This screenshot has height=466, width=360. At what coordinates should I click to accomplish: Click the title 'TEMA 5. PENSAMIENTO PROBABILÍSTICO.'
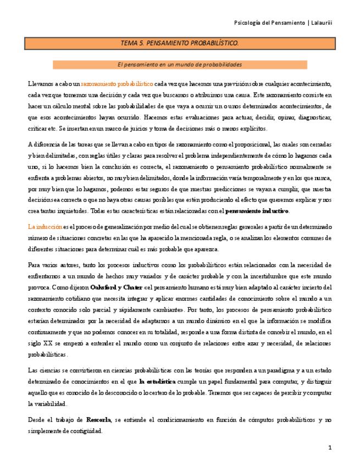click(x=180, y=43)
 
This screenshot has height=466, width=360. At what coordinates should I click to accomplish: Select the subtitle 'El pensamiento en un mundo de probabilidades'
click(x=180, y=65)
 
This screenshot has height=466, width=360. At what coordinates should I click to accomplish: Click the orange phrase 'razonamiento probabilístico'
click(x=117, y=85)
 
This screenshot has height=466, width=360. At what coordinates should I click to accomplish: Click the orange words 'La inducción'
click(x=45, y=226)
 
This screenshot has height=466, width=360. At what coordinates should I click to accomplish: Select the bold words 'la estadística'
click(x=158, y=380)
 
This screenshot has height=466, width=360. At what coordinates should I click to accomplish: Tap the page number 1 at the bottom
click(x=330, y=448)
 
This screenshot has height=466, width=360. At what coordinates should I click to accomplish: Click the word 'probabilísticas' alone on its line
click(x=48, y=354)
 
